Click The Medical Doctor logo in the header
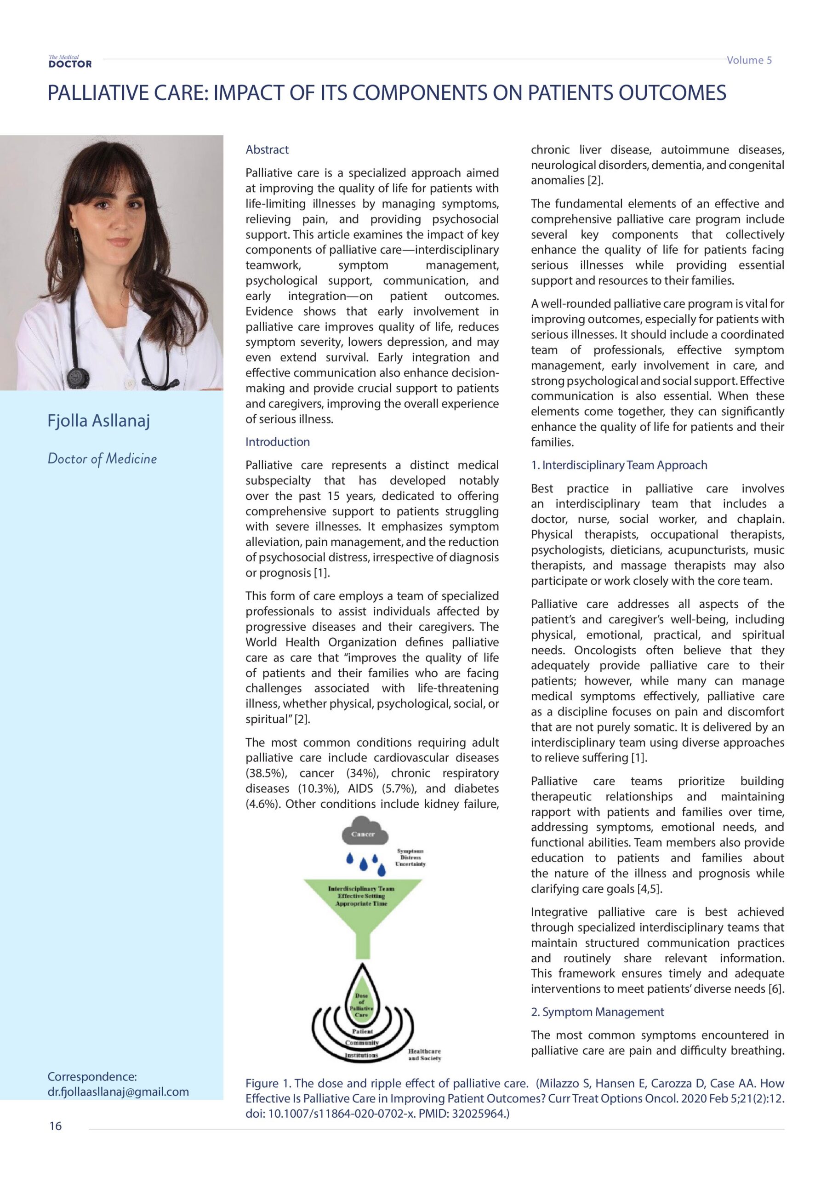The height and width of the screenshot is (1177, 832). [70, 62]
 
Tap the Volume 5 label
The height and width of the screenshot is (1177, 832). [748, 60]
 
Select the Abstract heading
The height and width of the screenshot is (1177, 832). [267, 150]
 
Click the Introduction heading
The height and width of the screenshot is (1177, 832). [277, 442]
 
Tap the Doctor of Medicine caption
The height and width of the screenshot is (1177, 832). [102, 459]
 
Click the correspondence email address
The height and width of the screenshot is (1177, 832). [118, 1092]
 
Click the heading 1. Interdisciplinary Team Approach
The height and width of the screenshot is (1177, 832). [619, 465]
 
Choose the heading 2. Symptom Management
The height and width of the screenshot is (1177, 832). [597, 1012]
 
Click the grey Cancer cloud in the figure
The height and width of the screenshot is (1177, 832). [363, 833]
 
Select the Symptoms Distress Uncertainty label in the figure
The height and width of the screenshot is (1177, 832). [410, 857]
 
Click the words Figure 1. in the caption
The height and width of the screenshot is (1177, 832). [268, 1083]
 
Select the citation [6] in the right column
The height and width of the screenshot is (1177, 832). [776, 989]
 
